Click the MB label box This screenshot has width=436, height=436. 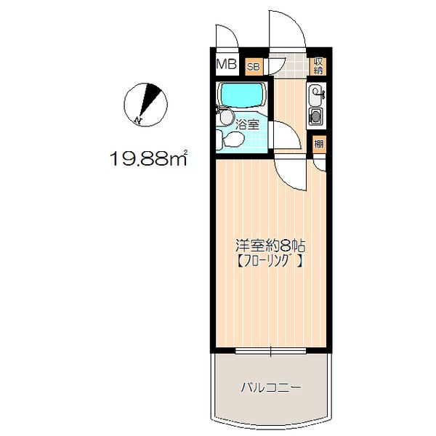coord(226,64)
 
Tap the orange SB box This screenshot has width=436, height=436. coord(254,67)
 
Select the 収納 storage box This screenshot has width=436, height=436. coord(319,66)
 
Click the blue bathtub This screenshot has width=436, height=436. coord(242,95)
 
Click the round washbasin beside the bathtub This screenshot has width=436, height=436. coord(226,117)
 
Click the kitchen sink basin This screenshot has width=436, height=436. coord(317,93)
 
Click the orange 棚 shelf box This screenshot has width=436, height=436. coord(319,143)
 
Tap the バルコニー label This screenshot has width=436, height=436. coord(270,387)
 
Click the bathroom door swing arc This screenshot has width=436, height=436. coord(283,136)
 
